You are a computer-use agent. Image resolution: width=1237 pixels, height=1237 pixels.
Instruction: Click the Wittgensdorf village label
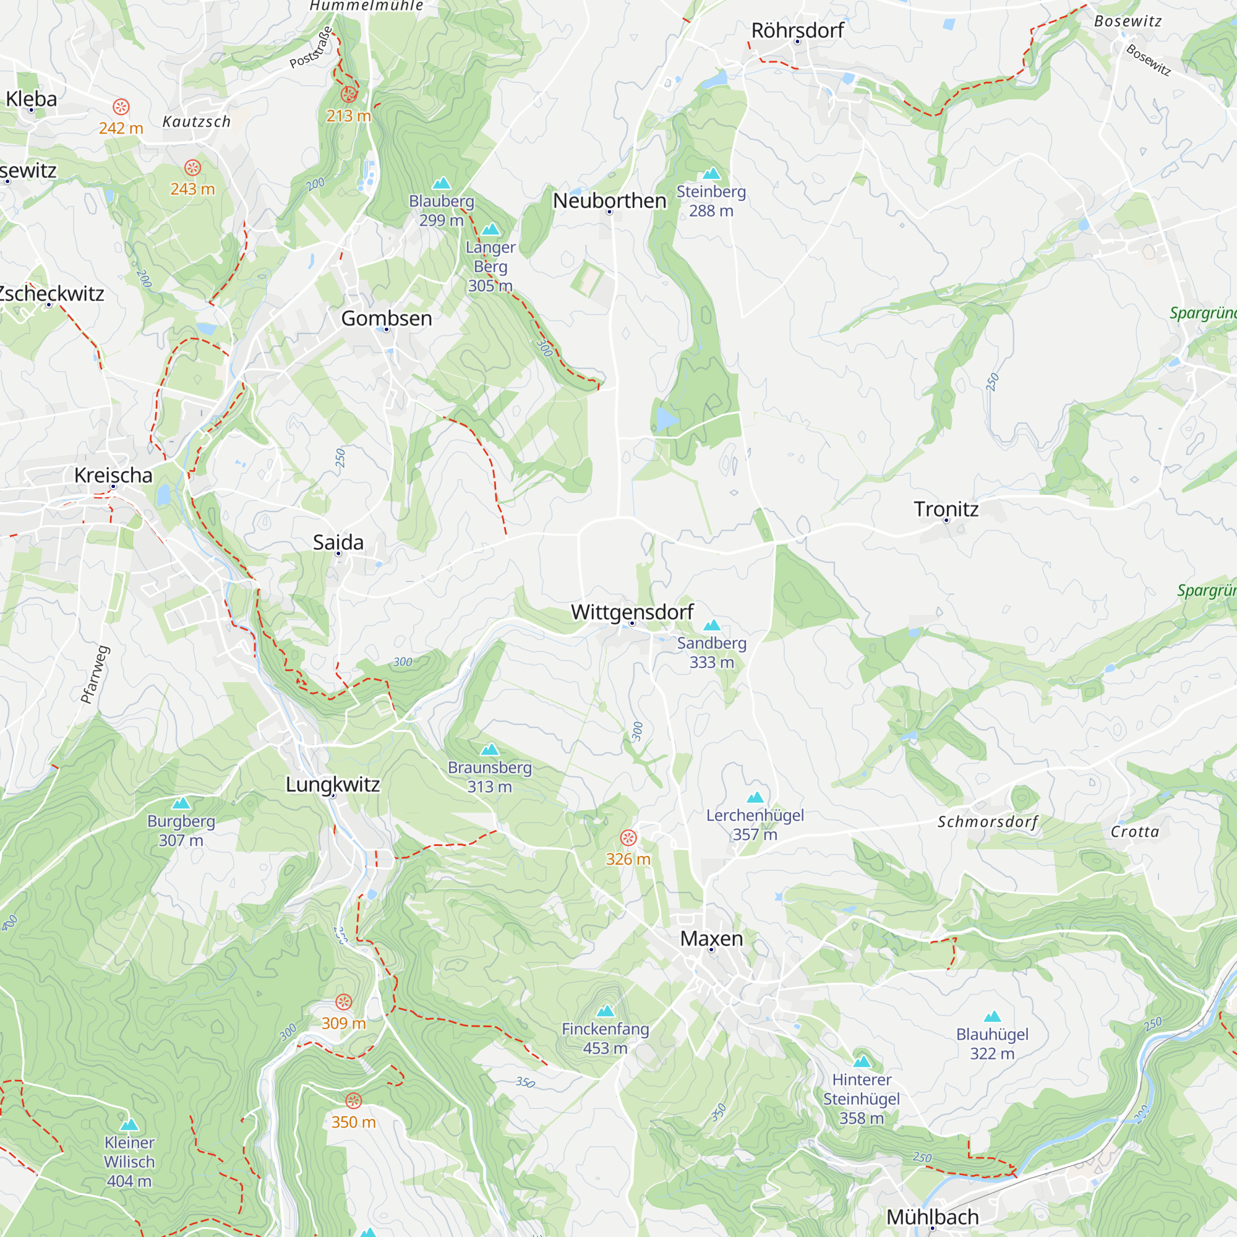632,612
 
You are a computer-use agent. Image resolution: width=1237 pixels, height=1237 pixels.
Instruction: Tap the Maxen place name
711,939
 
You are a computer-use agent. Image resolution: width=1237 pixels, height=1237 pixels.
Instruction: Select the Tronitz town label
946,509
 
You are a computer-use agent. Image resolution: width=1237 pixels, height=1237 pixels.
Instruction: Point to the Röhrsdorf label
797,30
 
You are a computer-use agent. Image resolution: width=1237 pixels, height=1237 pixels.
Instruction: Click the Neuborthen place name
610,200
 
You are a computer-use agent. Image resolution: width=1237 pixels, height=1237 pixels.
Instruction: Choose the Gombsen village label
386,318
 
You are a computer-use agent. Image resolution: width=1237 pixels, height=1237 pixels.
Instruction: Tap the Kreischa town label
113,475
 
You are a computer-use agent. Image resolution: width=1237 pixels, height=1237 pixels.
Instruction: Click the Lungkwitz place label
332,784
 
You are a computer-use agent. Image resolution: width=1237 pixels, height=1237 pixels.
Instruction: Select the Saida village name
338,542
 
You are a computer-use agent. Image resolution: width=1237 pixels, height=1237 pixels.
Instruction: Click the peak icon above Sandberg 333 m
711,625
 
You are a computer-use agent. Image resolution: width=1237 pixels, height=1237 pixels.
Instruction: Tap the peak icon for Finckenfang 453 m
605,1011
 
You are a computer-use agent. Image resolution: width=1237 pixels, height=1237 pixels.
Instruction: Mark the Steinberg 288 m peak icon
711,174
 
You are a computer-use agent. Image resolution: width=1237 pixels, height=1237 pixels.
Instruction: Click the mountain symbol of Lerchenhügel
755,797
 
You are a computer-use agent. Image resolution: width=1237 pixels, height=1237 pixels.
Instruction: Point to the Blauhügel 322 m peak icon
992,1016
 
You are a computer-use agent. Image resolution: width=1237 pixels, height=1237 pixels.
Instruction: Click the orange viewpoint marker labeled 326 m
628,837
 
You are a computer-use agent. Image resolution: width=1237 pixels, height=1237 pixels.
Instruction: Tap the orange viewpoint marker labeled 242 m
121,107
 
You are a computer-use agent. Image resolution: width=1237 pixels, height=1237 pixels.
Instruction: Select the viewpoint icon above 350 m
353,1101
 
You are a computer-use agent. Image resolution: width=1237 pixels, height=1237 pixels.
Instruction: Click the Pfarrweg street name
95,675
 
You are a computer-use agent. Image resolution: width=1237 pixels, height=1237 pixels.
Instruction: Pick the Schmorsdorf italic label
987,822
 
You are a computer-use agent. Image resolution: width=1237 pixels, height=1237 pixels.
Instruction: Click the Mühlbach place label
931,1217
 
